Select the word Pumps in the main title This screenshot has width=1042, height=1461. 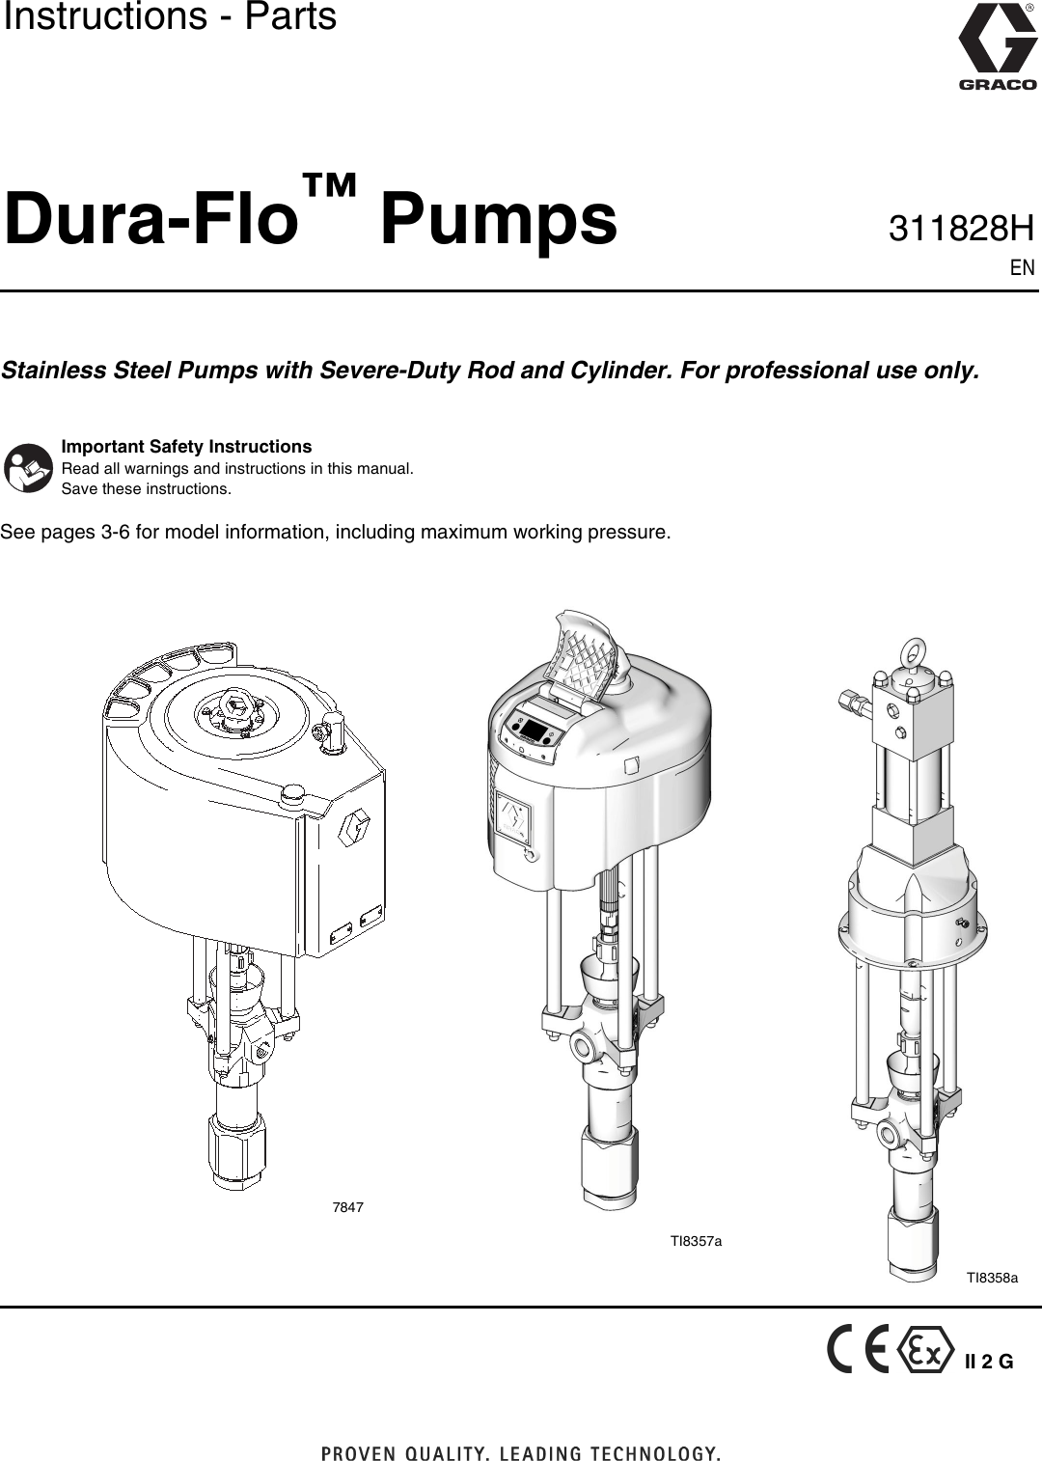pyautogui.click(x=498, y=219)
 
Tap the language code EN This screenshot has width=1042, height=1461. pyautogui.click(x=1023, y=268)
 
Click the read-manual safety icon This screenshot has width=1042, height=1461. pyautogui.click(x=28, y=468)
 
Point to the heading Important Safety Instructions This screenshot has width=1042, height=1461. pyautogui.click(x=186, y=447)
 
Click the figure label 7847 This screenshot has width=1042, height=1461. pyautogui.click(x=347, y=1207)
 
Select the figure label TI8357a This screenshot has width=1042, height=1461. pyautogui.click(x=696, y=1241)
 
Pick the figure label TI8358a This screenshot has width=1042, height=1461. pyautogui.click(x=992, y=1278)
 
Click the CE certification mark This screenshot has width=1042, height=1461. pyautogui.click(x=858, y=1350)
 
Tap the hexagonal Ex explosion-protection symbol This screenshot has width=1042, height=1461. pyautogui.click(x=925, y=1350)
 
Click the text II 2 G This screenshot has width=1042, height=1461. pyautogui.click(x=989, y=1363)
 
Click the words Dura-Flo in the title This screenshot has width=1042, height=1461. pyautogui.click(x=150, y=219)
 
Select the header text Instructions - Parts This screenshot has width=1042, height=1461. pyautogui.click(x=170, y=17)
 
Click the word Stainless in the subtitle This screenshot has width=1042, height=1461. pyautogui.click(x=54, y=371)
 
